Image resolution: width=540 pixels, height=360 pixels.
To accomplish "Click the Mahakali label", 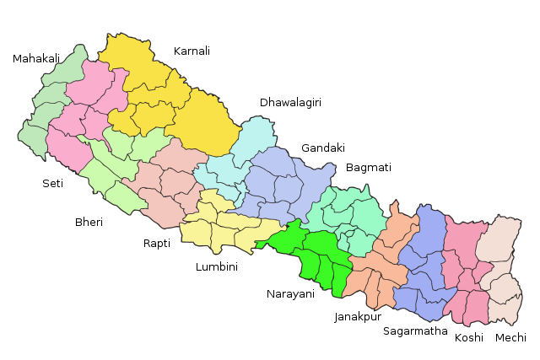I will [36, 59].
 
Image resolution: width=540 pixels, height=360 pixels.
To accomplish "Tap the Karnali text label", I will [192, 51].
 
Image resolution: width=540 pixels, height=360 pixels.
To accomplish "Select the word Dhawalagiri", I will [290, 103].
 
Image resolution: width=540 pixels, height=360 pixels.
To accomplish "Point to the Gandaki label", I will [323, 148].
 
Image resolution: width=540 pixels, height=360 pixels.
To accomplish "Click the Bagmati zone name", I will [369, 168].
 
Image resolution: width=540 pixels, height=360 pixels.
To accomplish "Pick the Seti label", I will [52, 183].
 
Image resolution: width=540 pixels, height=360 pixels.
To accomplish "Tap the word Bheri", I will [89, 223].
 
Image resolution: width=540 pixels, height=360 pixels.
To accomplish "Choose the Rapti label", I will [157, 244].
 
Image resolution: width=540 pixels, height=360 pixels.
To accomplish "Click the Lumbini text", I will [217, 267].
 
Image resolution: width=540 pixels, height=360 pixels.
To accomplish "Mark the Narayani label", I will [290, 294].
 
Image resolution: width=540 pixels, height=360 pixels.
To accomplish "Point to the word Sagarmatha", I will [415, 331].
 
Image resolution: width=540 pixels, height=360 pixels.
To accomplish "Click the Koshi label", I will [469, 337].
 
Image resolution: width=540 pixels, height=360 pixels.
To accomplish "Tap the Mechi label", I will [510, 337].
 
